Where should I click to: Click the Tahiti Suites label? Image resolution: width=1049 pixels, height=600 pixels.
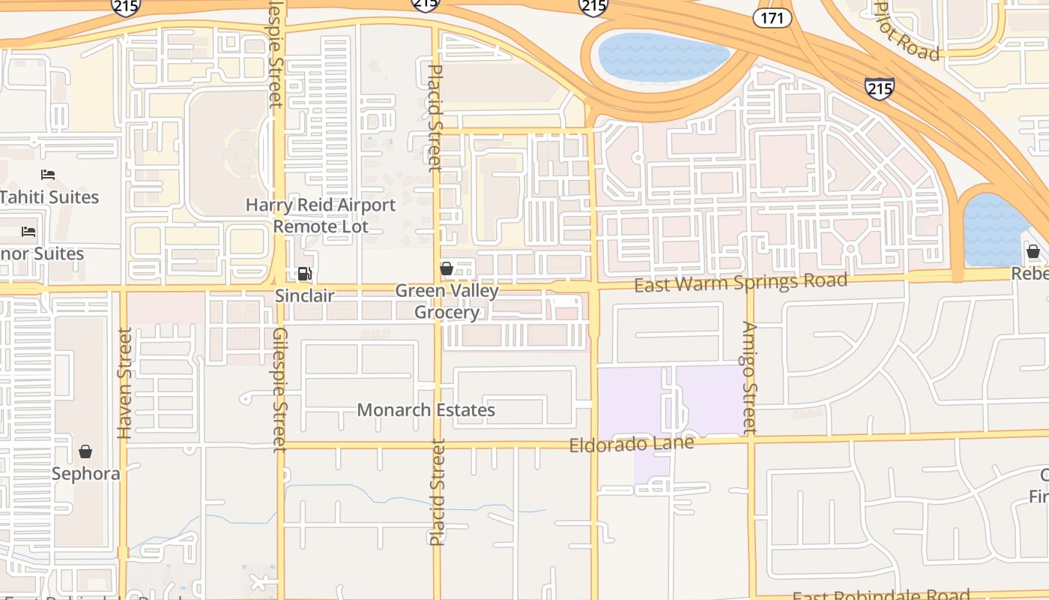[49, 197]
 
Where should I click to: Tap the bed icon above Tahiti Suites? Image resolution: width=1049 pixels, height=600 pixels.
[48, 175]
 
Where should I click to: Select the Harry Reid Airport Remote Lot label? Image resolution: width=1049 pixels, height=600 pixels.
[321, 215]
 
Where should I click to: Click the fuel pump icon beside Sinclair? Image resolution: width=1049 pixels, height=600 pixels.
[304, 274]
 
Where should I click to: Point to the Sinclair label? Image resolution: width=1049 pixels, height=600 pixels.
[304, 295]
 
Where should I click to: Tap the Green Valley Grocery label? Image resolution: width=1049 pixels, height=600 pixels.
[447, 301]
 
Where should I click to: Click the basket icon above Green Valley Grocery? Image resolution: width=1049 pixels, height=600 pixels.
[447, 268]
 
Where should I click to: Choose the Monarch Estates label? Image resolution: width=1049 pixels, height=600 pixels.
[426, 410]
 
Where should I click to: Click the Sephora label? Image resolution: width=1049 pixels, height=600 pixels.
[85, 474]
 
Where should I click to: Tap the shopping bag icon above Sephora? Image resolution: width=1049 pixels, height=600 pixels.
[85, 451]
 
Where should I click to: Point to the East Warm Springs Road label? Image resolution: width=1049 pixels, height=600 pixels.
[740, 283]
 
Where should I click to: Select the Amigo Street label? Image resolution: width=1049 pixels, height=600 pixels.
[750, 378]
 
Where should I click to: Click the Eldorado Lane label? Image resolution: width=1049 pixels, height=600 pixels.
[631, 444]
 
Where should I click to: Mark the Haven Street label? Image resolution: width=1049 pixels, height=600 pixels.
[124, 382]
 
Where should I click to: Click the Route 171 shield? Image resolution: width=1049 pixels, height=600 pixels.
[773, 18]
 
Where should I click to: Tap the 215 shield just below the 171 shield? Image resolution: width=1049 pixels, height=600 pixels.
[879, 89]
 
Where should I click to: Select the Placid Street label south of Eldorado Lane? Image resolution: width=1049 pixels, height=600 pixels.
[438, 492]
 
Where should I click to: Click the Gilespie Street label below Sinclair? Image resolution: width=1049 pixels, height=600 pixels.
[279, 389]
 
